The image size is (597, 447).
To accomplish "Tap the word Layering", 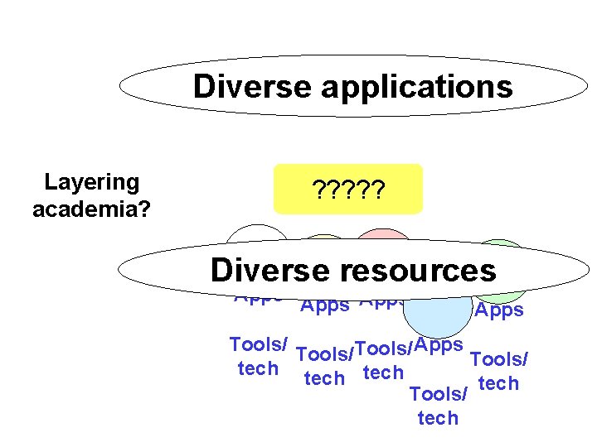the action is pyautogui.click(x=91, y=182).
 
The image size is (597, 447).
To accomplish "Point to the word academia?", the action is pyautogui.click(x=91, y=209).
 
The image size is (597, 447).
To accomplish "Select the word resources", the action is pyautogui.click(x=425, y=271).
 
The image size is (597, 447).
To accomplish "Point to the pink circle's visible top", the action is pyautogui.click(x=383, y=237).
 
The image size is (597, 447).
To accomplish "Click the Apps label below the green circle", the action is pyautogui.click(x=499, y=310).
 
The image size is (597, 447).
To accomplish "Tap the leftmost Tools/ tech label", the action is pyautogui.click(x=258, y=357).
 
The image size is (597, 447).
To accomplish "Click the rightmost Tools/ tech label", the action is pyautogui.click(x=499, y=372).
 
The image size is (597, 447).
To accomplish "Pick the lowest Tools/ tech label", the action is pyautogui.click(x=439, y=406).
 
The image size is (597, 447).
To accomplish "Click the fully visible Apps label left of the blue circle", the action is pyautogui.click(x=324, y=305).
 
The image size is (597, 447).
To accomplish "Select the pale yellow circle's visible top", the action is pyautogui.click(x=324, y=241).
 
